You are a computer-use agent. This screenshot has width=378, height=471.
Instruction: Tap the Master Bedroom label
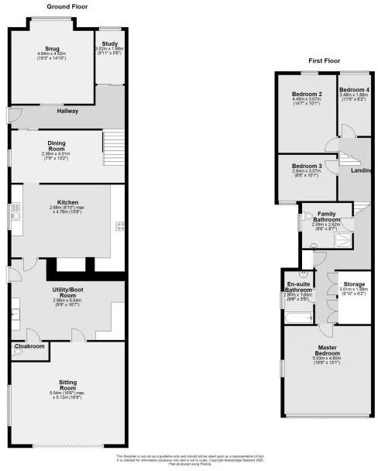[x=328, y=350]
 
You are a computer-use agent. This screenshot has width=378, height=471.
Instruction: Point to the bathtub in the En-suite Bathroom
[x=298, y=317]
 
